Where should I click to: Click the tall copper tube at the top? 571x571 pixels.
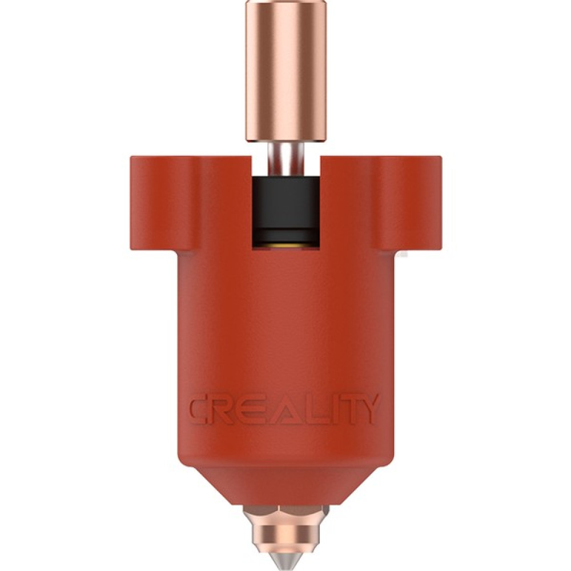click(x=286, y=71)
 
